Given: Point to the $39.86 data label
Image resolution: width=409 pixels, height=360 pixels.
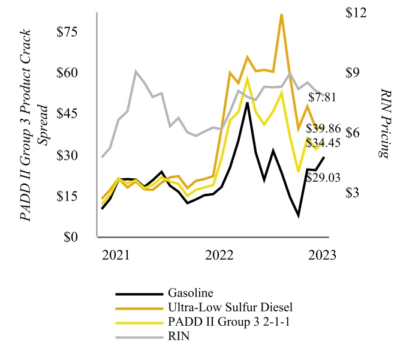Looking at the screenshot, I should click(324, 128).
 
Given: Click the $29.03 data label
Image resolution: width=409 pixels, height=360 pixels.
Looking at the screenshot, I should click(323, 177).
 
